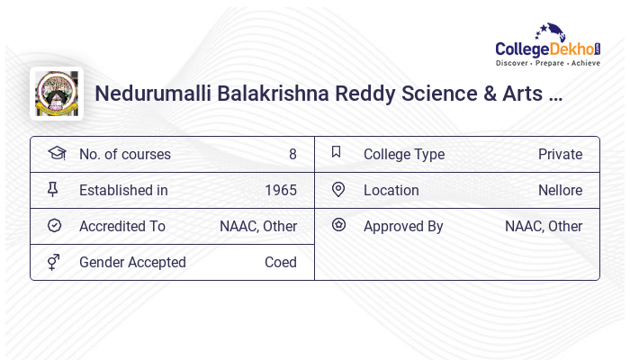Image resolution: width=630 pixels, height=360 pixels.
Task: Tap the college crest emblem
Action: [56, 94]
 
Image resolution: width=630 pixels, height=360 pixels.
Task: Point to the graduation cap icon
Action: [56, 153]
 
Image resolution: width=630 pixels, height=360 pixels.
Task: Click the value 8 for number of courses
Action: [292, 154]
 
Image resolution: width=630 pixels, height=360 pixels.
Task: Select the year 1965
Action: [281, 190]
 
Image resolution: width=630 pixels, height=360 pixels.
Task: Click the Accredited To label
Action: [122, 226]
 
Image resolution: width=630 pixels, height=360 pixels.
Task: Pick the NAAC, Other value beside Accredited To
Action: [258, 226]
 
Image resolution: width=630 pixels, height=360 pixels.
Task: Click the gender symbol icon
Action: [55, 262]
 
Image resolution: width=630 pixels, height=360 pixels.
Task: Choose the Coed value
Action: [281, 262]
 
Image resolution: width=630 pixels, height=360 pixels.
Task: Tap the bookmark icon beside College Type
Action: [337, 153]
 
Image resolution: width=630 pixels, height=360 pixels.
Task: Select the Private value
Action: [560, 154]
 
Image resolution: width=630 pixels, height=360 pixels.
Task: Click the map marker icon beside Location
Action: [338, 190]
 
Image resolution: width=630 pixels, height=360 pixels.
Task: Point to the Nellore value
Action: [560, 190]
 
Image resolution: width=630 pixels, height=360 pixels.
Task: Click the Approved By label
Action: [403, 226]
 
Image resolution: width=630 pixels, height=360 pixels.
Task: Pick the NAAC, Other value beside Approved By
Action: [544, 226]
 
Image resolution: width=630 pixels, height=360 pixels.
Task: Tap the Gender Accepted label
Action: [132, 262]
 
